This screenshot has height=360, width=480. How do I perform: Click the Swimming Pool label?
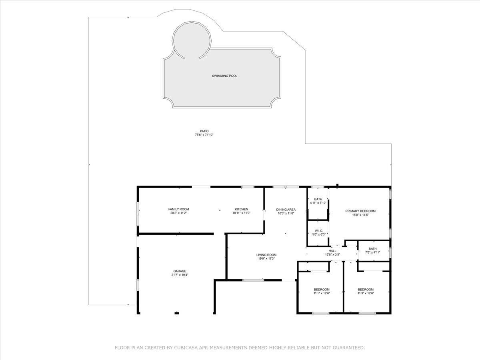tap(224, 76)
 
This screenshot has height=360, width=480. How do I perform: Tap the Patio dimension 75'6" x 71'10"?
tap(204, 135)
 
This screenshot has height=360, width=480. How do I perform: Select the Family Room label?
tap(179, 209)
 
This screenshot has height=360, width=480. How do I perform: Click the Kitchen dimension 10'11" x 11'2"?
tap(242, 213)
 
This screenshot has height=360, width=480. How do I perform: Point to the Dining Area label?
tap(286, 210)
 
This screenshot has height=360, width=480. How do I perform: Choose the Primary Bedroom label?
tap(360, 211)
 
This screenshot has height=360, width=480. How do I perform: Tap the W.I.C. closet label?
tap(319, 231)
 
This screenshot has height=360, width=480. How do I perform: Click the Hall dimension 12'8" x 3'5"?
tap(332, 254)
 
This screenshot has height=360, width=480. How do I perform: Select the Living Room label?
tap(266, 255)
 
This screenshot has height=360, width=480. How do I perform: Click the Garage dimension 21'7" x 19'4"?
tap(180, 275)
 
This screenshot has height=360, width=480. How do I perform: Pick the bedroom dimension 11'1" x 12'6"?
tap(322, 293)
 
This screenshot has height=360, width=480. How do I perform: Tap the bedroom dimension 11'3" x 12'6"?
tap(366, 293)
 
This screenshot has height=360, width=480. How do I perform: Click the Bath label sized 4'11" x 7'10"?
tap(318, 199)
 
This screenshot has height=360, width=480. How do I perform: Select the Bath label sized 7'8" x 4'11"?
tap(373, 248)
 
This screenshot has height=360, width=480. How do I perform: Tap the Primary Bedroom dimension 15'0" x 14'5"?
tap(360, 215)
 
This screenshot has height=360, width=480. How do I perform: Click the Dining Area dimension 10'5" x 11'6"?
tap(286, 213)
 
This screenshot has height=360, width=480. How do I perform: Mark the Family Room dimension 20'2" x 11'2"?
tap(179, 213)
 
